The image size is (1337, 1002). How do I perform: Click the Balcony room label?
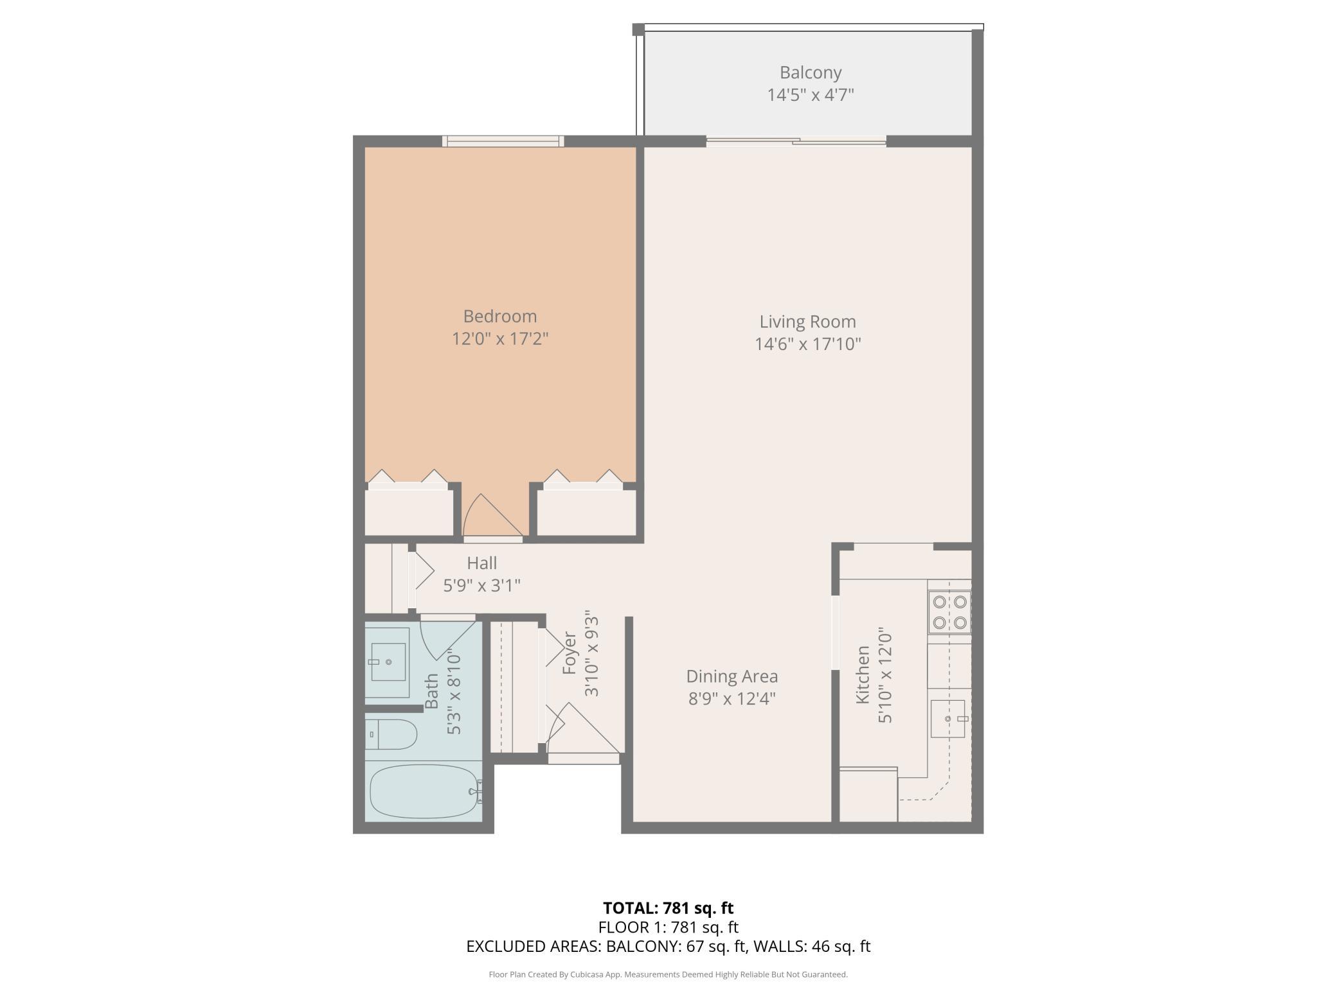coord(810,73)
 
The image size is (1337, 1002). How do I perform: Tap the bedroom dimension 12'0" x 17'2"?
coord(499,338)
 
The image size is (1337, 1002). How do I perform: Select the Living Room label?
coord(807,321)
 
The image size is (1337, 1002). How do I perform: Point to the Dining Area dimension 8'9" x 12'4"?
coord(731,698)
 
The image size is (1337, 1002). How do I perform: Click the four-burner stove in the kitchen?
coord(949,612)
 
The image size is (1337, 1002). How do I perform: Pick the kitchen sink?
coord(948,719)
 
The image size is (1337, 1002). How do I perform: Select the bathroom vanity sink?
coord(388,662)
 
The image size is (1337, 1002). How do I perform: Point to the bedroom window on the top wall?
coord(503,141)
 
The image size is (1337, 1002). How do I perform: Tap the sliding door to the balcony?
coord(796,141)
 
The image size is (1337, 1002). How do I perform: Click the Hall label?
coord(481,563)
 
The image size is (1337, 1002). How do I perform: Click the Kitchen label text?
coord(863,674)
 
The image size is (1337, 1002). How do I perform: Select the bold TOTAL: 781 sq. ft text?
coord(668,908)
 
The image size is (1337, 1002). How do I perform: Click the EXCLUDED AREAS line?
coord(668,946)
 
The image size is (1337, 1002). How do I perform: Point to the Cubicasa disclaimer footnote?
coord(668,974)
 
